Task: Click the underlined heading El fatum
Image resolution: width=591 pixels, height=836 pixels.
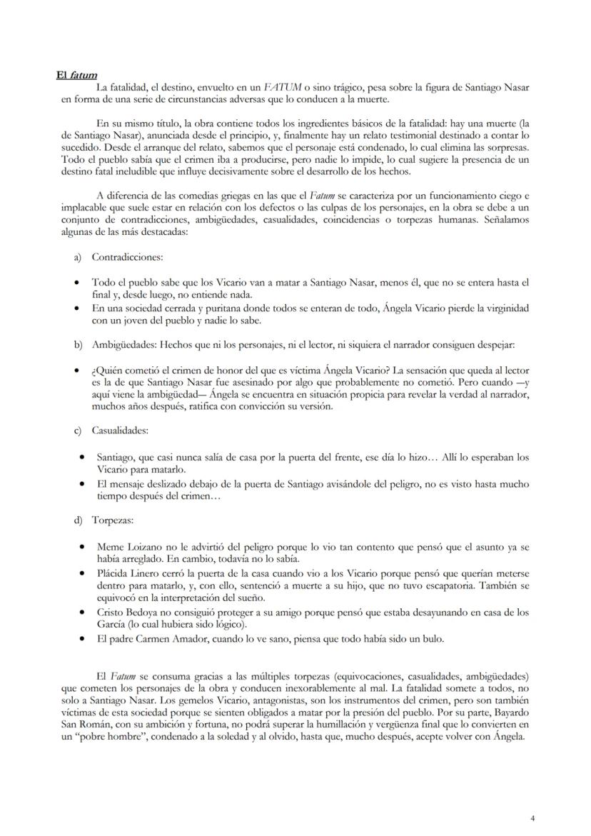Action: [x=77, y=75]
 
